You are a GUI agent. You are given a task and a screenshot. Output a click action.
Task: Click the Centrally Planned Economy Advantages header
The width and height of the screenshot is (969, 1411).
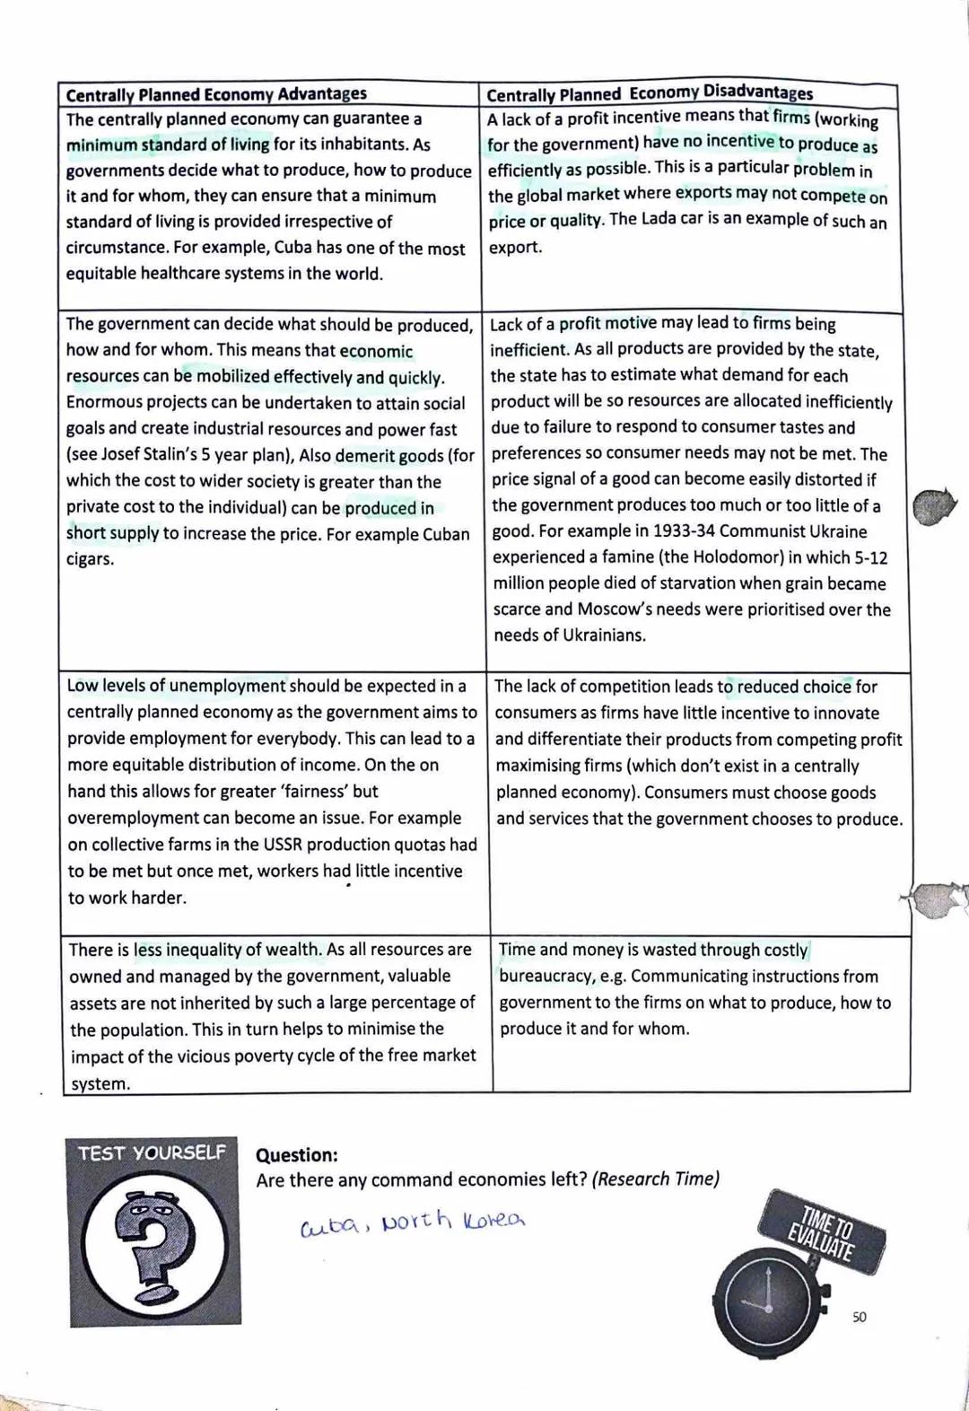[216, 94]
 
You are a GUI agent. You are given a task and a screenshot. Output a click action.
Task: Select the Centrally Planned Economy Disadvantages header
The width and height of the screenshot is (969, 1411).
[650, 93]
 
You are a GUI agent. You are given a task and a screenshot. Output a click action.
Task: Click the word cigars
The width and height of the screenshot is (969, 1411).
[90, 559]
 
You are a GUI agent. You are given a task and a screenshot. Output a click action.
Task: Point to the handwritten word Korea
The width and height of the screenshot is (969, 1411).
[494, 1221]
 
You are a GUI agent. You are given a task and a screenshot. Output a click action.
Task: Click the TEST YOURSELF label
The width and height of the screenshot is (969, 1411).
[152, 1152]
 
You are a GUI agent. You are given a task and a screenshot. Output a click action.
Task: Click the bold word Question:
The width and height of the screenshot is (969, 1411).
[297, 1155]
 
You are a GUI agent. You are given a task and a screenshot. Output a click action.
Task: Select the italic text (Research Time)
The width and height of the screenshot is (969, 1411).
[655, 1179]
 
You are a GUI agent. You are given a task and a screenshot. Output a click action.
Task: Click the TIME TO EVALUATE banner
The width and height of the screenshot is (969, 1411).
[820, 1229]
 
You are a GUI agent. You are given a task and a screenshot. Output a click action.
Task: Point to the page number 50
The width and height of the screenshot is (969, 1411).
[859, 1317]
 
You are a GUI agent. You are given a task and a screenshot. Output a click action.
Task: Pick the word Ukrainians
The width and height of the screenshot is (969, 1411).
[604, 635]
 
